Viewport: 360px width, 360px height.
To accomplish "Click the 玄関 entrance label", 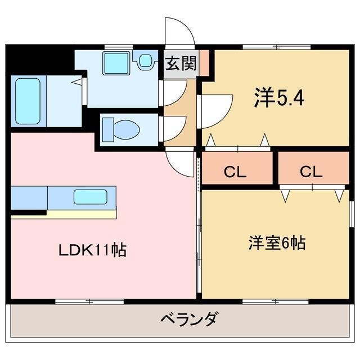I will click(x=181, y=64).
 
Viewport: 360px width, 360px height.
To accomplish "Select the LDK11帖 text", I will click(x=93, y=249).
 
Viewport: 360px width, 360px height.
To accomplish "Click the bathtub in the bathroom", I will click(x=28, y=101).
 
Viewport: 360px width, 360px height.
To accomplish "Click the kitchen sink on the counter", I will click(x=90, y=197).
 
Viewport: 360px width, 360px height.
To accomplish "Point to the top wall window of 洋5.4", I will click(x=276, y=47).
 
